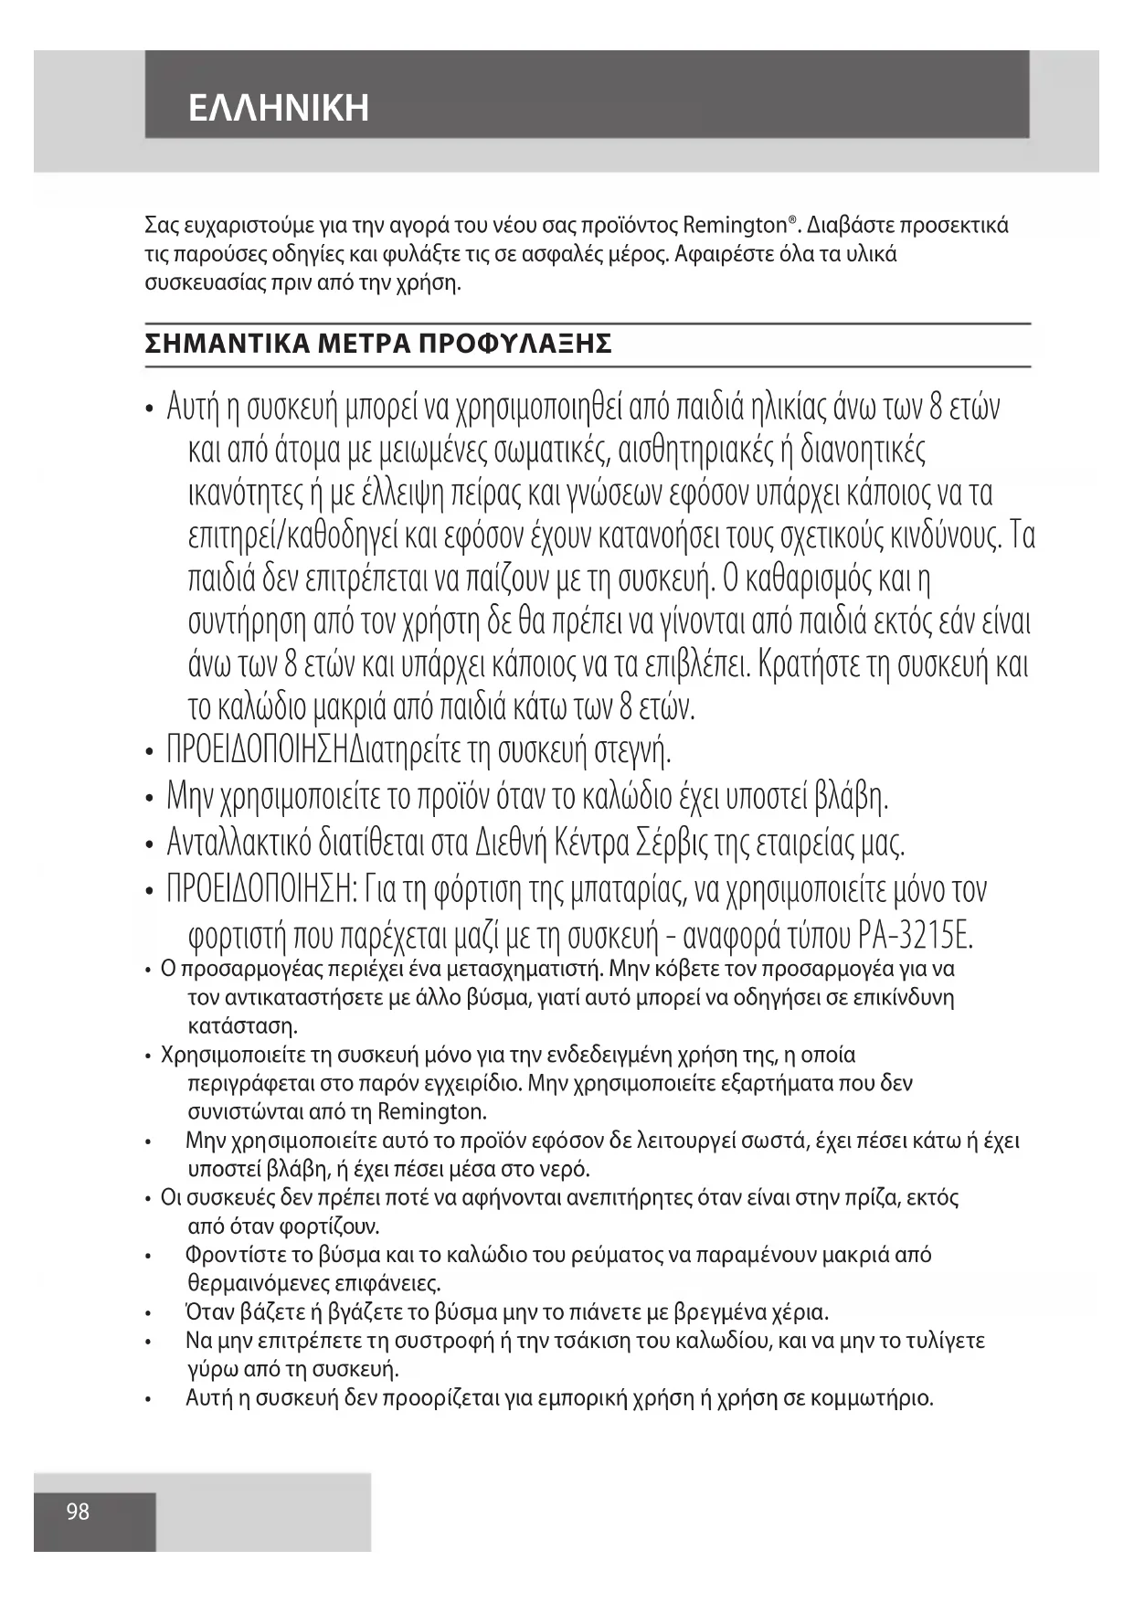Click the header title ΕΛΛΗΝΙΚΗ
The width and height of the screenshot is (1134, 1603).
(x=279, y=108)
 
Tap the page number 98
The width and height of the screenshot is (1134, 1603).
(x=78, y=1512)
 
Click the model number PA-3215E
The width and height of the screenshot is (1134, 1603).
(x=917, y=936)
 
